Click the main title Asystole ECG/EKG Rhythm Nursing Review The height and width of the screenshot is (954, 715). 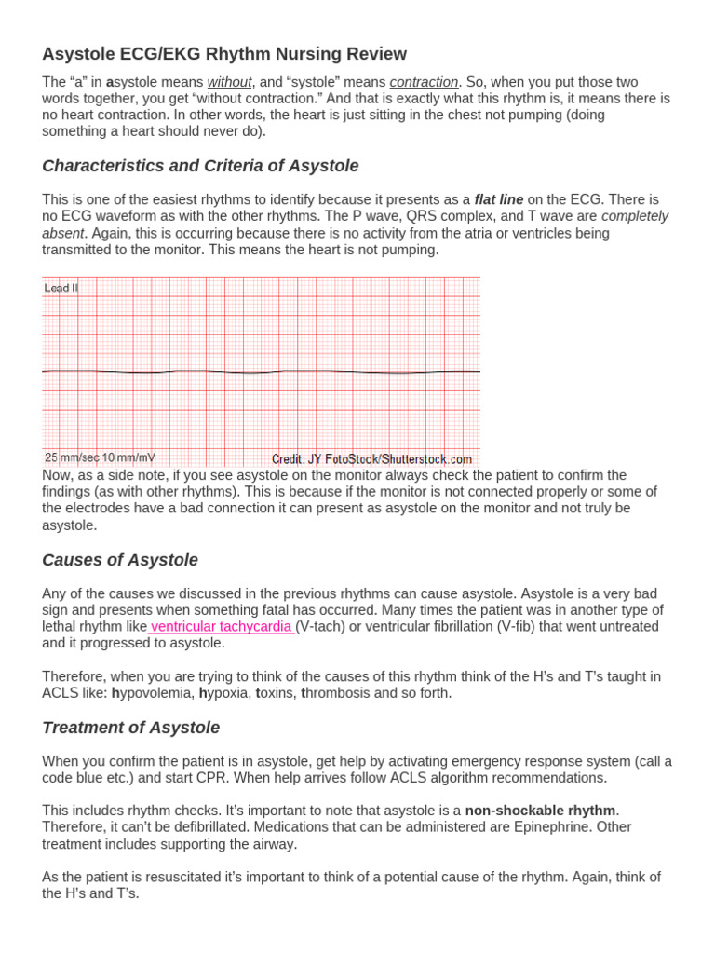pyautogui.click(x=224, y=54)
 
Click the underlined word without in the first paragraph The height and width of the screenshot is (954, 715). pyautogui.click(x=229, y=82)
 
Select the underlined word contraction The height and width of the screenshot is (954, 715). pyautogui.click(x=424, y=82)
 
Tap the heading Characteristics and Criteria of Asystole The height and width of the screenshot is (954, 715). pyautogui.click(x=200, y=166)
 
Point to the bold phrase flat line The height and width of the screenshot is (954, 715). pyautogui.click(x=499, y=199)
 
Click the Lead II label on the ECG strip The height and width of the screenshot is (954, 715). pyautogui.click(x=61, y=288)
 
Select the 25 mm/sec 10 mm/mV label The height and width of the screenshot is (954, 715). pyautogui.click(x=100, y=457)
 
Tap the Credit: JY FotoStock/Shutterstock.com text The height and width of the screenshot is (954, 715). pyautogui.click(x=371, y=458)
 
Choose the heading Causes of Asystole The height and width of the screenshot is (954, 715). pyautogui.click(x=120, y=560)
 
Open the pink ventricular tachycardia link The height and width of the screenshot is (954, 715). pyautogui.click(x=221, y=626)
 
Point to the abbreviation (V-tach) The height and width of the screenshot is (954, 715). pyautogui.click(x=322, y=626)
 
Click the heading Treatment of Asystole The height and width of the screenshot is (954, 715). pyautogui.click(x=131, y=728)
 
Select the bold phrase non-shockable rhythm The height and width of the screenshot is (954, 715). pyautogui.click(x=541, y=811)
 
